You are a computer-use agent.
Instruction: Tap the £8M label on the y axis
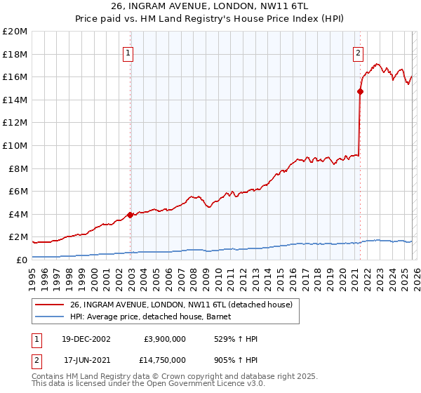click(17, 168)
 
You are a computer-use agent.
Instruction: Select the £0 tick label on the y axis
click(22, 260)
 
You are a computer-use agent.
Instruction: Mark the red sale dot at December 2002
click(131, 215)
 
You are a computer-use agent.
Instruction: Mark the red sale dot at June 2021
click(360, 91)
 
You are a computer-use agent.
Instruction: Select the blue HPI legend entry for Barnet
click(155, 317)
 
